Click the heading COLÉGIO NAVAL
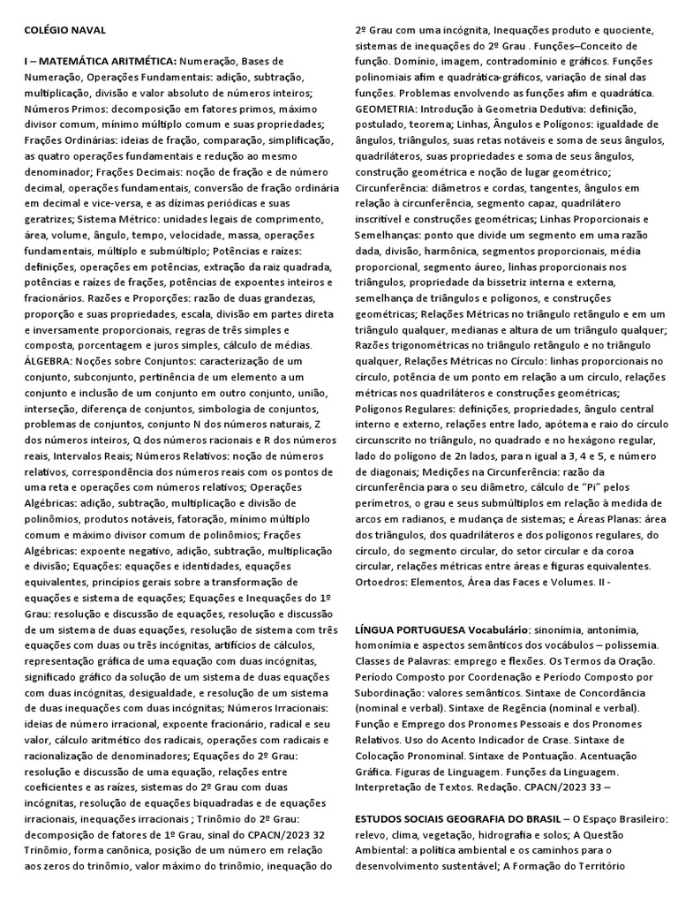64,30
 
